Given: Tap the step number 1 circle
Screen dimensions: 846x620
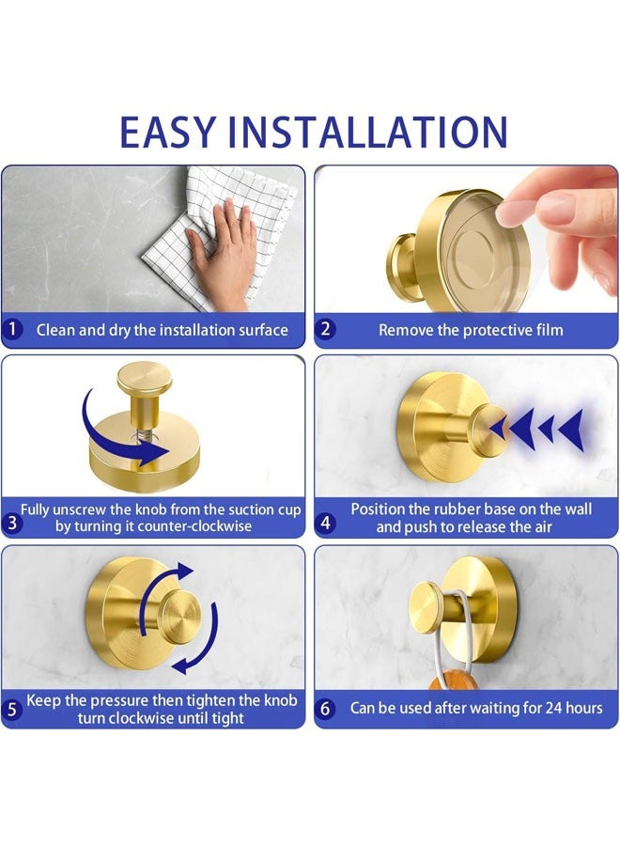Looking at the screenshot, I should click(13, 330).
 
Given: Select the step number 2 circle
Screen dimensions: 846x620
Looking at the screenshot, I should click(326, 330).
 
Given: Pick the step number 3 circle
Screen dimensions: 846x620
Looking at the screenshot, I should click(13, 525).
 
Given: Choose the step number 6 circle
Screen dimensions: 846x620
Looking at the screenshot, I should click(326, 708).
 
